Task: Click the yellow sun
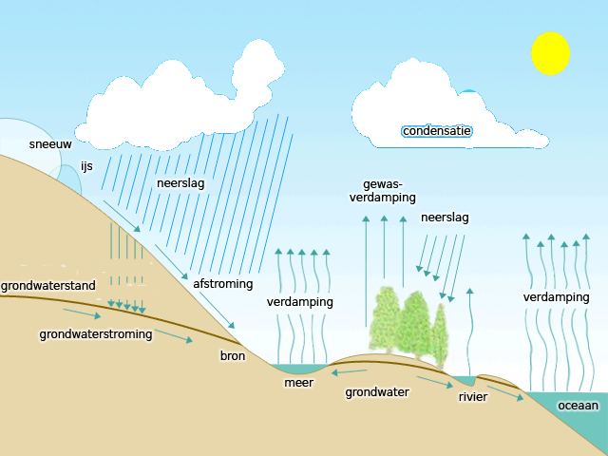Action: tap(550, 53)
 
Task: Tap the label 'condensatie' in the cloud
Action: tap(437, 131)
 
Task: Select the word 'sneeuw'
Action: tap(50, 144)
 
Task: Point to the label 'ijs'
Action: tap(86, 166)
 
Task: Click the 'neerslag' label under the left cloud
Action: tap(180, 183)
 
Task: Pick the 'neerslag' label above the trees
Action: tap(445, 218)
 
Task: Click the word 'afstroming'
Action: tap(223, 284)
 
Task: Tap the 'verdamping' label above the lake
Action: tap(299, 302)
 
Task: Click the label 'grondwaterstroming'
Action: tap(96, 334)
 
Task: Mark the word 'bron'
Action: tap(233, 356)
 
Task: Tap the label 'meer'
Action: tap(298, 383)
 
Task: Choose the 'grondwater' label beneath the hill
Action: tap(377, 391)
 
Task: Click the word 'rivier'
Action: tap(472, 396)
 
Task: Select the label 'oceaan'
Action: tap(579, 406)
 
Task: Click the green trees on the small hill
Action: tap(408, 323)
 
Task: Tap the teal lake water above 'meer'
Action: tap(294, 369)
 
